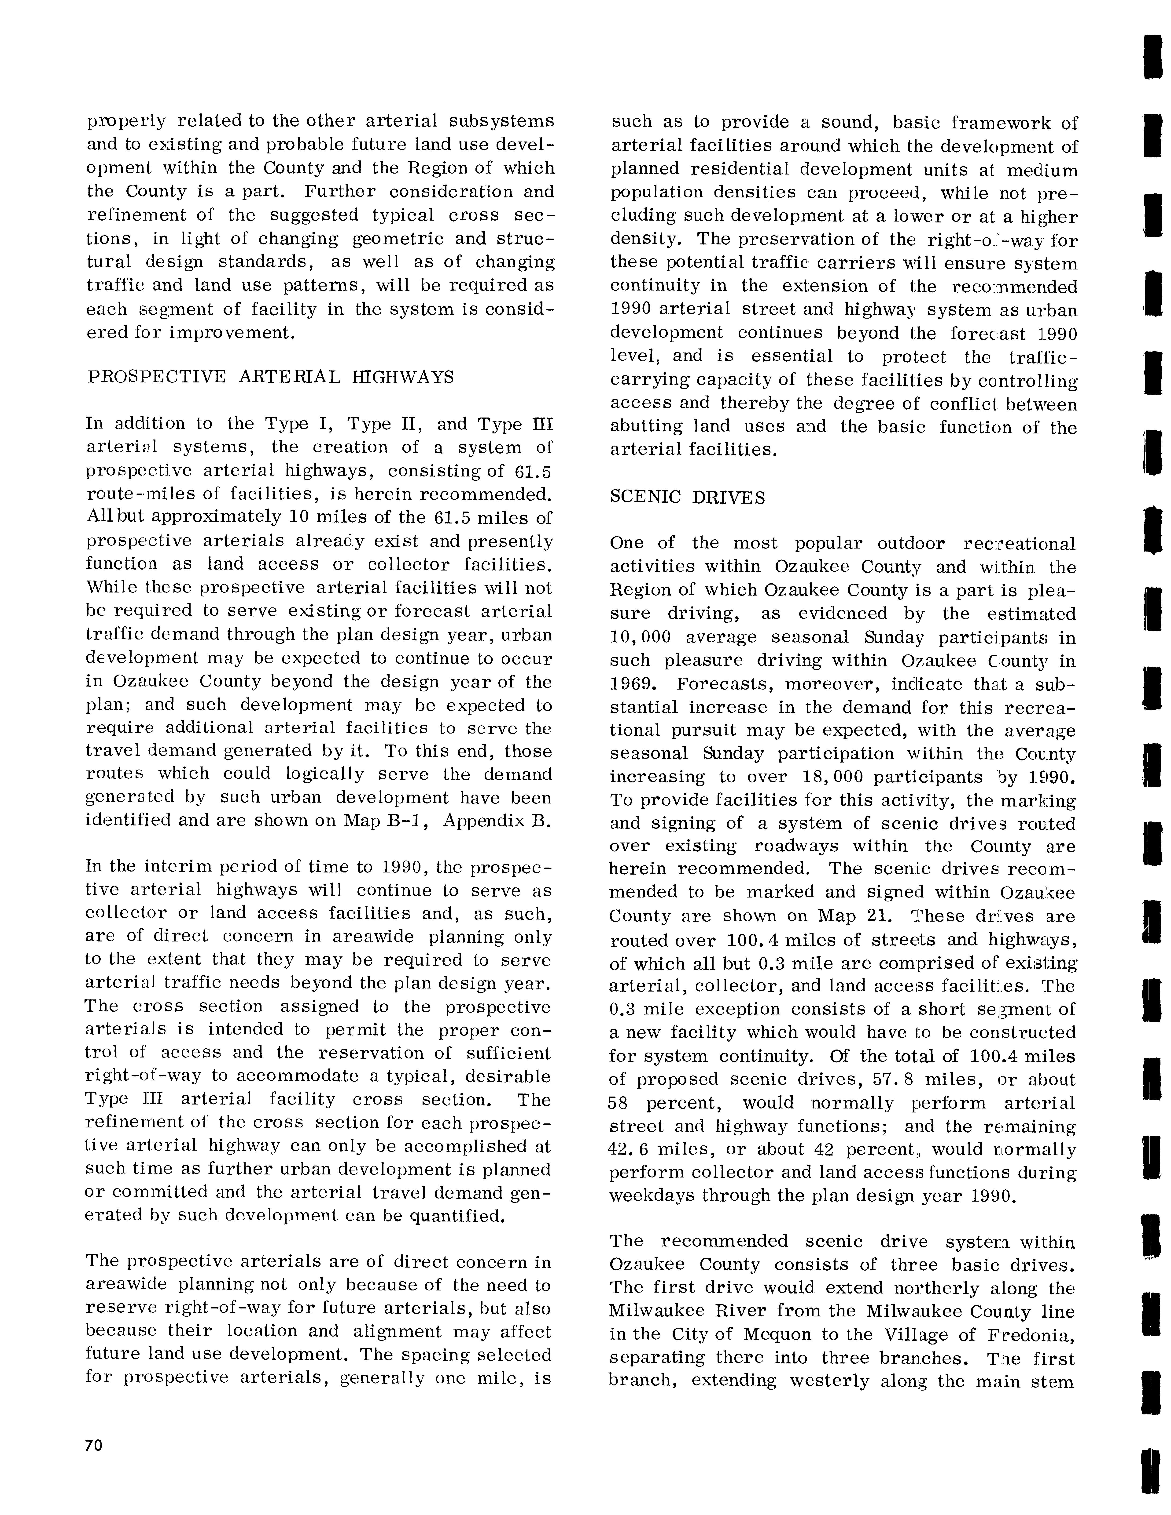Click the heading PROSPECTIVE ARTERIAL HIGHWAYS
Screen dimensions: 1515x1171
coord(271,377)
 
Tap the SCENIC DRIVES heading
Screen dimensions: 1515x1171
coord(687,497)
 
